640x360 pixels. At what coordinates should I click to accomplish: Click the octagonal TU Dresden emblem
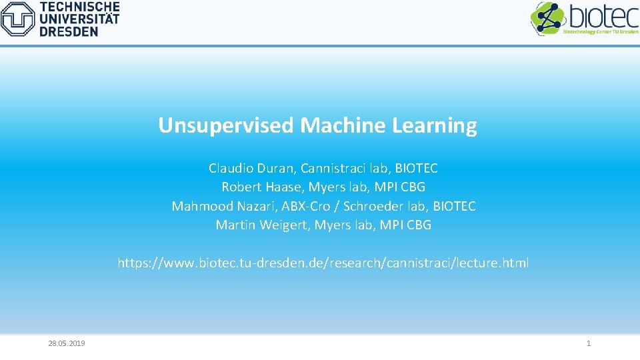pyautogui.click(x=18, y=19)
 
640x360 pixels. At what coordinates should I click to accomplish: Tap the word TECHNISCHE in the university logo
pyautogui.click(x=80, y=7)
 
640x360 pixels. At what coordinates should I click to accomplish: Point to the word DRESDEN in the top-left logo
pyautogui.click(x=69, y=31)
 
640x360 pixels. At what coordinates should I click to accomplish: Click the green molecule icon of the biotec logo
pyautogui.click(x=547, y=18)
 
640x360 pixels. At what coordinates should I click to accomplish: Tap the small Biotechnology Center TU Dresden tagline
pyautogui.click(x=601, y=31)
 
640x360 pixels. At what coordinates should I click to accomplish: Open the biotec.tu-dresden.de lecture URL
pyautogui.click(x=323, y=263)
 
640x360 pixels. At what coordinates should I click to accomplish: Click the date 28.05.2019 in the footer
pyautogui.click(x=67, y=343)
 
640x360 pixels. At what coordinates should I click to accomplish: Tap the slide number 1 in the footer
pyautogui.click(x=588, y=343)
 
